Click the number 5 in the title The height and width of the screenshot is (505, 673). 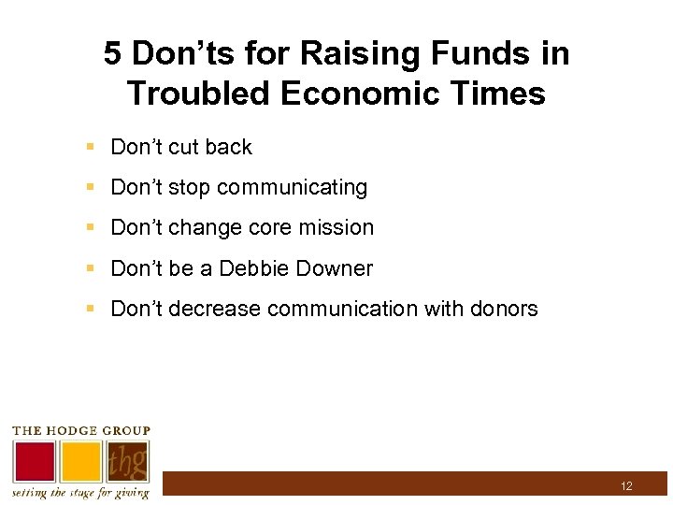113,54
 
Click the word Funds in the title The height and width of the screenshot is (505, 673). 465,54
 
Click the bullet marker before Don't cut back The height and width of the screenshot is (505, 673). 90,147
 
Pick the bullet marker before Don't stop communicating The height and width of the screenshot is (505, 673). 90,187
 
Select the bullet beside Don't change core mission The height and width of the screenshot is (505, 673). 90,227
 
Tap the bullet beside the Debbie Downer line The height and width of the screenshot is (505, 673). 90,269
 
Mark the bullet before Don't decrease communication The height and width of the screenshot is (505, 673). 90,309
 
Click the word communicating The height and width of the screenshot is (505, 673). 292,188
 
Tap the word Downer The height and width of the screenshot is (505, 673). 334,269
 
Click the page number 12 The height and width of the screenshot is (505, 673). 626,486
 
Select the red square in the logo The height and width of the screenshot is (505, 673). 34,462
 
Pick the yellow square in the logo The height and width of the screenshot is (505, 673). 81,462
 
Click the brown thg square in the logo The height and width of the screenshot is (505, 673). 128,462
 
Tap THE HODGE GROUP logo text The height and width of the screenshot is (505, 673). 80,431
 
